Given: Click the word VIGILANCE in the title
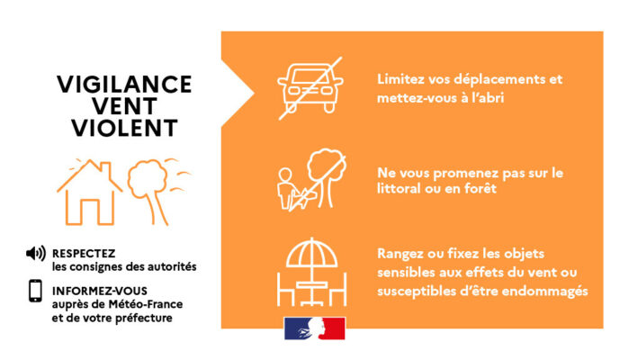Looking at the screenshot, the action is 124,85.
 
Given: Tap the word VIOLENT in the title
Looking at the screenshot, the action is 125,128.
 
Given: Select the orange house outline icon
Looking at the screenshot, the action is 89,193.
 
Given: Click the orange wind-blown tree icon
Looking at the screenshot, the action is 155,191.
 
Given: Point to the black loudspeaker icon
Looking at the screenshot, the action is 36,254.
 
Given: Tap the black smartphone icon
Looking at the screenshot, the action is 35,291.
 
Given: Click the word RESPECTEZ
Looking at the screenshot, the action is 84,254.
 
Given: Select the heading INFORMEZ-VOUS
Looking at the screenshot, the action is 100,291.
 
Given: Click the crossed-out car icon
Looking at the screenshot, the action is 310,88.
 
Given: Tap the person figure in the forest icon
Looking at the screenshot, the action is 285,189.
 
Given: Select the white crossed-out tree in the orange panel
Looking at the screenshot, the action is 326,177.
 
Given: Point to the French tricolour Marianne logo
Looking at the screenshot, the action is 315,328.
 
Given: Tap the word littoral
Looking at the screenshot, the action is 399,188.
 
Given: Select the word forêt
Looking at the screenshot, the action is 481,188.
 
